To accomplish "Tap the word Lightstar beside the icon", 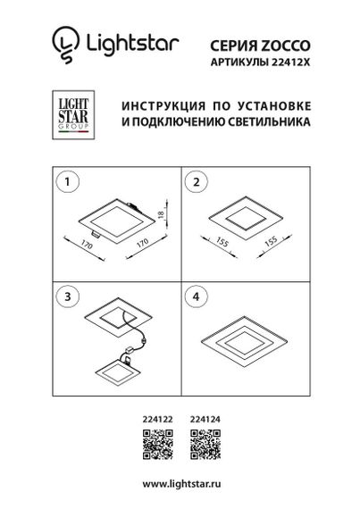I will coord(130,41).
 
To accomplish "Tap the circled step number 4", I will coord(192,294).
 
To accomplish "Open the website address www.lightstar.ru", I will coord(180,483).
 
